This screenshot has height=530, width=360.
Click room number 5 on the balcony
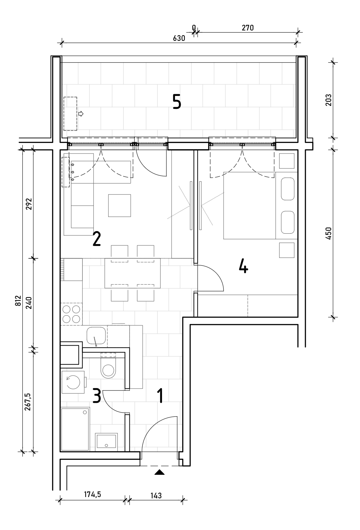[177, 102]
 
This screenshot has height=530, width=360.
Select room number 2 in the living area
[96, 239]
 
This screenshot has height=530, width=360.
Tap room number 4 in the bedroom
[244, 266]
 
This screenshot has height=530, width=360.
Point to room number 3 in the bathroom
[96, 396]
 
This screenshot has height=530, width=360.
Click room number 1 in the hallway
[160, 396]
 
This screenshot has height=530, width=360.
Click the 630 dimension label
[179, 38]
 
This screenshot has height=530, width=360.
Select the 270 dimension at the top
[247, 28]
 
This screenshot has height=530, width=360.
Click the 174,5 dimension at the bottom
[92, 494]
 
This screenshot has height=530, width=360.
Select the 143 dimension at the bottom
[156, 495]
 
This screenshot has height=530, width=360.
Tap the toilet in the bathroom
[108, 368]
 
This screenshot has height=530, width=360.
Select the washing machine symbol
[73, 383]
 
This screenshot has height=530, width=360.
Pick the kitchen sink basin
[96, 336]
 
